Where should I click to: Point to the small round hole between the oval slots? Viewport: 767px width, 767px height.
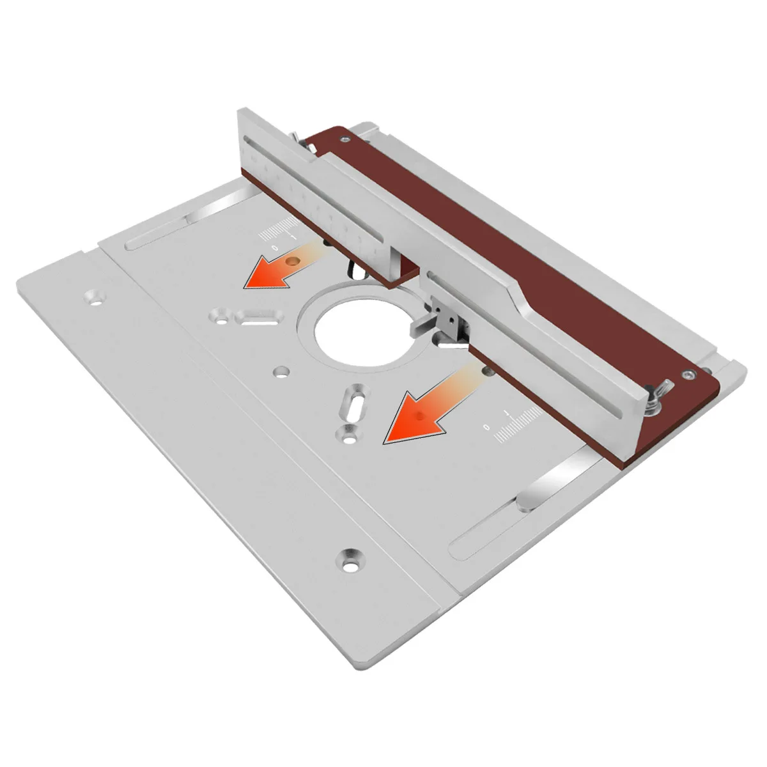point(281,371)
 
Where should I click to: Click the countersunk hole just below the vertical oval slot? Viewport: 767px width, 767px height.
point(349,435)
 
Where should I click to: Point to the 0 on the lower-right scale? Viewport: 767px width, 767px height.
point(486,426)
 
